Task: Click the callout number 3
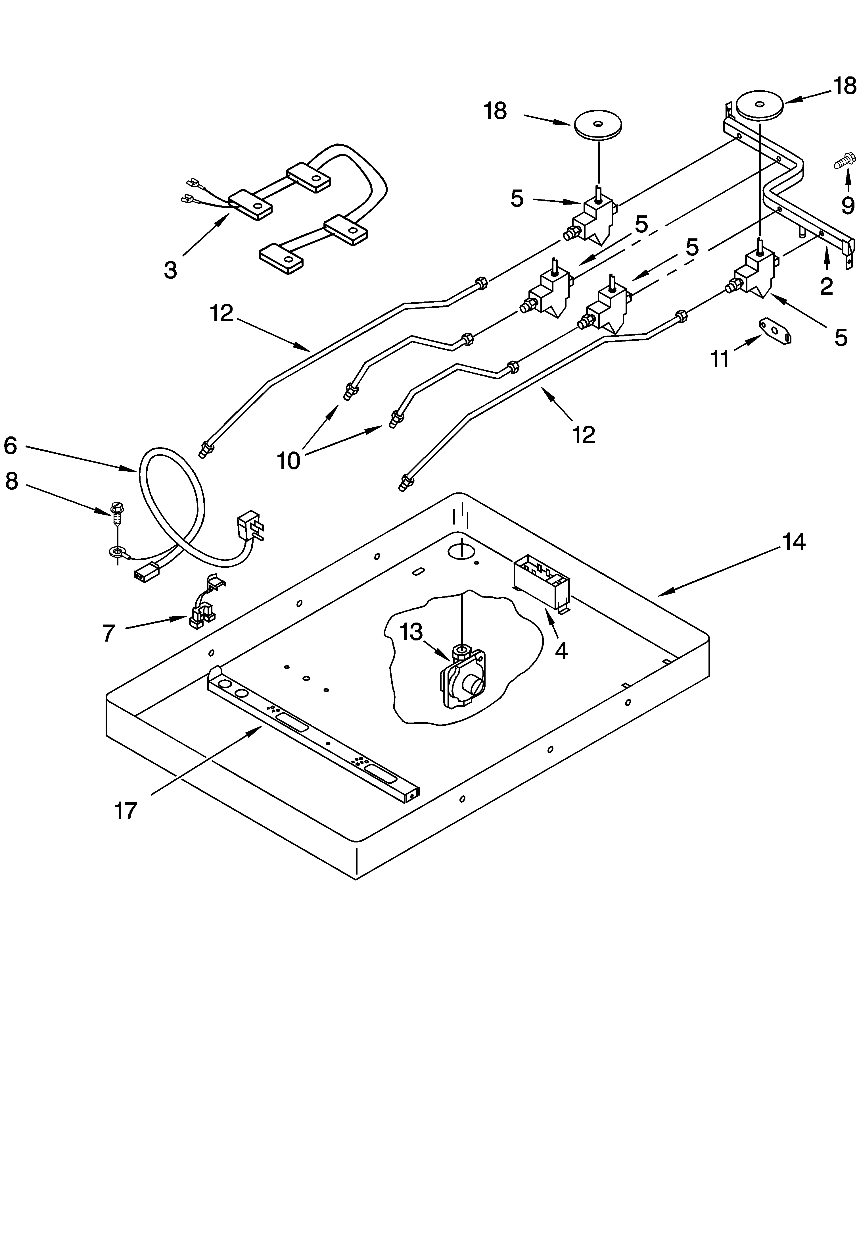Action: pos(171,269)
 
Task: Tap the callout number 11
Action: pos(720,359)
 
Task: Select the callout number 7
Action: pos(109,632)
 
